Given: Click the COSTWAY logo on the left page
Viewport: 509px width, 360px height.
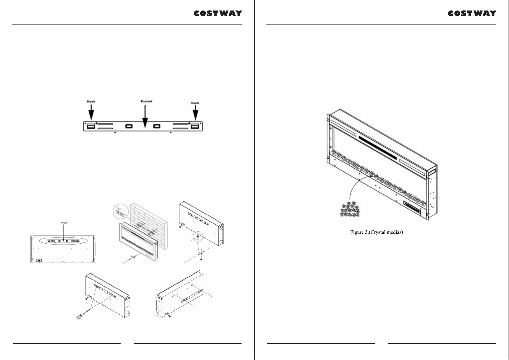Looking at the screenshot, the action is (x=218, y=13).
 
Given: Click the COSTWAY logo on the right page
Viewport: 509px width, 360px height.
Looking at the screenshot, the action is (x=472, y=13).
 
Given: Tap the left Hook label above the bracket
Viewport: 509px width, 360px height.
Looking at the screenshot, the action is (x=91, y=102).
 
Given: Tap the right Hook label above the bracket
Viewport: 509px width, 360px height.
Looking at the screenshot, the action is (x=195, y=103).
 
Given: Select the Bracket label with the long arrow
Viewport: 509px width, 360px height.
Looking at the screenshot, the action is (x=146, y=101).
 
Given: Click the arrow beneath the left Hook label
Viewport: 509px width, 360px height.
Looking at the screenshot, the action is (x=91, y=112).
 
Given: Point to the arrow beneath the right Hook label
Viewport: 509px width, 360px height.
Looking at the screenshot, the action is (x=195, y=112).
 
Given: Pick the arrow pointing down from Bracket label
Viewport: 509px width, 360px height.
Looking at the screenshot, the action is (x=145, y=116).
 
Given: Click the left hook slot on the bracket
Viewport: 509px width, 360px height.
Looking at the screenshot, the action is (x=91, y=126).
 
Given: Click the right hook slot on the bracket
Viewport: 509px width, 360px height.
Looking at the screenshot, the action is (x=195, y=126).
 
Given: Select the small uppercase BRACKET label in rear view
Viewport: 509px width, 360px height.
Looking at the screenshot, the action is (x=65, y=223).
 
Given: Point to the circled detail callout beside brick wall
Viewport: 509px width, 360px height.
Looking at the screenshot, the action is (x=121, y=212).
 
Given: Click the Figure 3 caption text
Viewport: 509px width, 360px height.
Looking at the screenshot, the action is (x=376, y=232).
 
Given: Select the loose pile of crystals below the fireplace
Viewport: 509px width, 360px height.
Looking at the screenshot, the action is (x=350, y=209).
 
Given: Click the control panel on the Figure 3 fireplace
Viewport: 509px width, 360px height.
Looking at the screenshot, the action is (x=412, y=207).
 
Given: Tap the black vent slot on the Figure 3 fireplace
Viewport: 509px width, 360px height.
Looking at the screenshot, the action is (x=378, y=148).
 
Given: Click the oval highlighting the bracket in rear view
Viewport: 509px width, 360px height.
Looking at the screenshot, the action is (x=63, y=241).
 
